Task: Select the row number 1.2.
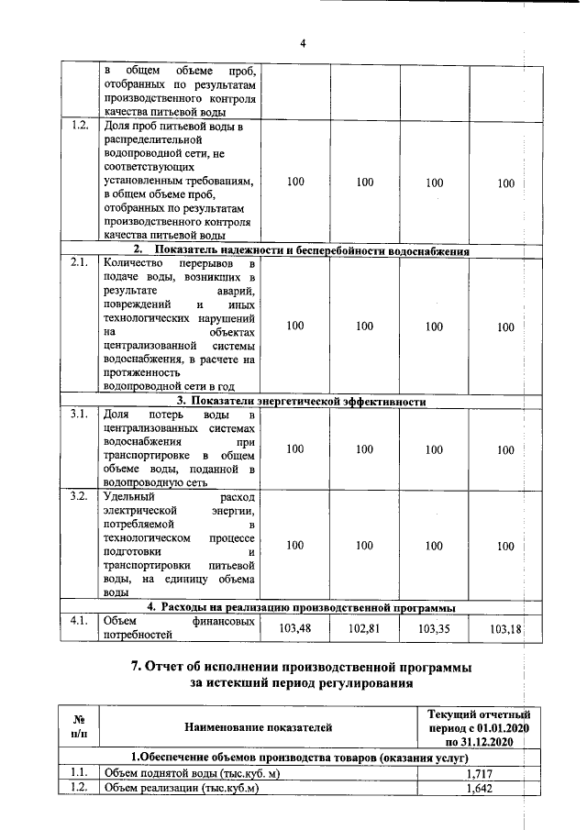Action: pos(79,126)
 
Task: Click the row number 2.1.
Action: pos(79,262)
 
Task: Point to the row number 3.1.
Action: pos(79,414)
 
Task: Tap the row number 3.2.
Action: pos(79,496)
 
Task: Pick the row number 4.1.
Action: pos(79,621)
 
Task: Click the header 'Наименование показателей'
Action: pos(258,727)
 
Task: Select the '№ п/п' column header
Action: pos(79,727)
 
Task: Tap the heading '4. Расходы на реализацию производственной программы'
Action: pos(302,607)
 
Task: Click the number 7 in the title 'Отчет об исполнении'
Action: pos(135,665)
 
